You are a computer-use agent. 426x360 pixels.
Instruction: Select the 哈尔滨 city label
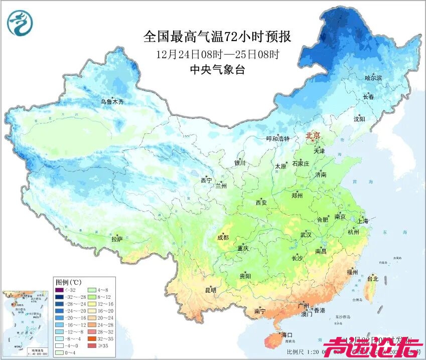click(x=373, y=78)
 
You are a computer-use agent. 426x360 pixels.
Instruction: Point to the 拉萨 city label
click(x=117, y=240)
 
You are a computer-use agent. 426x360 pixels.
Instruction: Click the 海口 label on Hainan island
click(x=287, y=334)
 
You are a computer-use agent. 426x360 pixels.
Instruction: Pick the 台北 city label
click(x=372, y=279)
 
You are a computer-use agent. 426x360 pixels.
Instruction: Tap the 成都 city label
click(x=223, y=238)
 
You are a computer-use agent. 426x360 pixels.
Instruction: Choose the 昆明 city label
click(x=210, y=290)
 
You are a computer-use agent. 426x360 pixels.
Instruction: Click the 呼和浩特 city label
click(x=277, y=139)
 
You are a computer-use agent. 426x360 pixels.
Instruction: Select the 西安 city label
click(x=261, y=203)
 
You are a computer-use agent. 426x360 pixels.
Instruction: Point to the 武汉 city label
click(x=306, y=235)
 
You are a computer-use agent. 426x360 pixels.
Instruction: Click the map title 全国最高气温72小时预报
click(x=217, y=37)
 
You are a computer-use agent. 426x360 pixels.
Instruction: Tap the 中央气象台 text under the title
click(x=217, y=70)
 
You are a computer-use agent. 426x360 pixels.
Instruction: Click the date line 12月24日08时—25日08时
click(x=217, y=54)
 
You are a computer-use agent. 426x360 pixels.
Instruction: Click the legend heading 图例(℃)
click(x=65, y=282)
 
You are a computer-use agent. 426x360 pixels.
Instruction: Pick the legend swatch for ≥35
click(x=92, y=345)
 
